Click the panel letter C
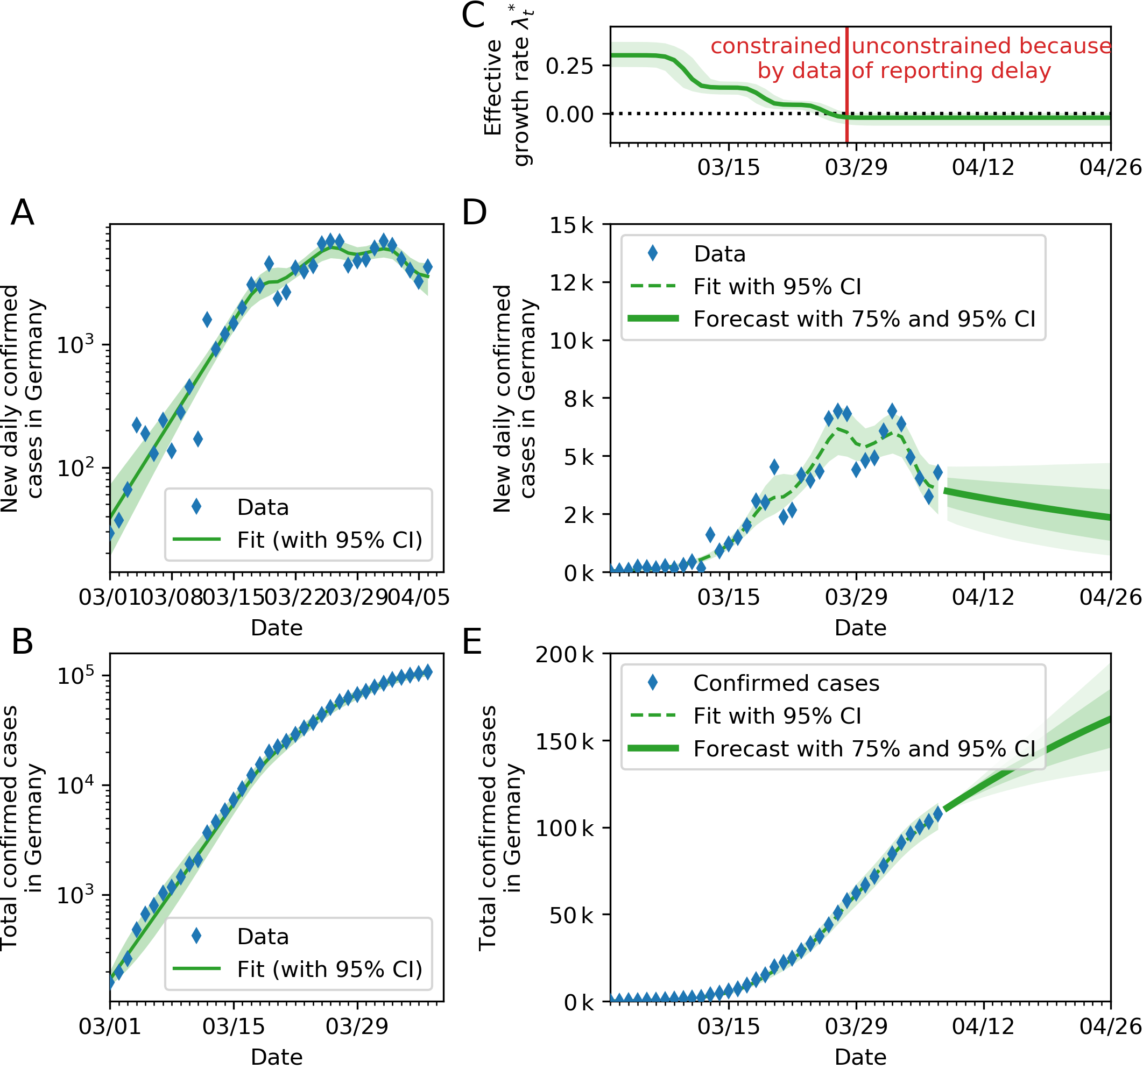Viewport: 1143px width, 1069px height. pos(473,16)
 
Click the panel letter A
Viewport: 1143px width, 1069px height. pos(23,213)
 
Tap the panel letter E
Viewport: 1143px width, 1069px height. pos(472,642)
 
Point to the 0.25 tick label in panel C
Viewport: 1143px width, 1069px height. pos(569,66)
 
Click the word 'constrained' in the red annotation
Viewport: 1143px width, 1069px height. pos(775,46)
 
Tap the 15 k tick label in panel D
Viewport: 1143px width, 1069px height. pos(571,225)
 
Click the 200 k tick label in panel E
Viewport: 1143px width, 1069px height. pos(565,655)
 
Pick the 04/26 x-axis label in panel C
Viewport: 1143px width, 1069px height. pos(1110,167)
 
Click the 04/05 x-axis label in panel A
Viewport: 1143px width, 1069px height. pos(419,597)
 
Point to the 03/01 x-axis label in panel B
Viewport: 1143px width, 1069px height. pos(110,1026)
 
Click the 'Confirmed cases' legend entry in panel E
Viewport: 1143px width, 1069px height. pos(786,683)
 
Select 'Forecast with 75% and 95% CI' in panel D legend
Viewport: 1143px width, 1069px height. pos(864,319)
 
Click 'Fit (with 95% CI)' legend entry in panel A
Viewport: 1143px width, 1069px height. pos(329,540)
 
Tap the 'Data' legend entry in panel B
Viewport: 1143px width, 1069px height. pos(263,937)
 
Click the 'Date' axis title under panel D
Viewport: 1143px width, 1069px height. pos(860,628)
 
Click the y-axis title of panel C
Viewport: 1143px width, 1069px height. pos(505,86)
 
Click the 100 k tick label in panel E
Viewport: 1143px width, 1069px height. pos(565,828)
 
